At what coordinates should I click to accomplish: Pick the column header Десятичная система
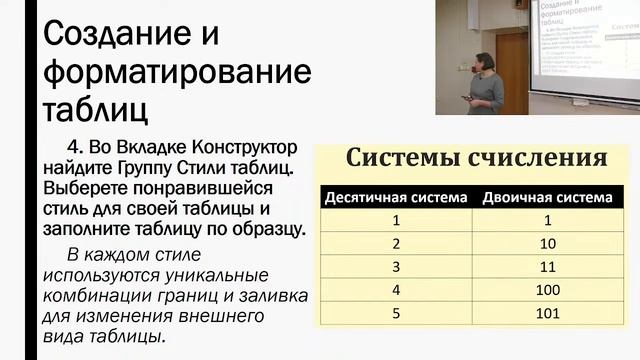coord(396,198)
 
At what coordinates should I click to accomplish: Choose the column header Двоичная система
coord(547,198)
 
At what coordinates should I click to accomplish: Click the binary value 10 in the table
coord(547,244)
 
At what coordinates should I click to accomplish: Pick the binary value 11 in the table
coord(547,267)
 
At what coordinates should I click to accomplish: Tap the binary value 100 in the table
coord(547,290)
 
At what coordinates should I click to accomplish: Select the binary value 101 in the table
coord(547,313)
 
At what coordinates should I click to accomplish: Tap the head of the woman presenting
coord(484,61)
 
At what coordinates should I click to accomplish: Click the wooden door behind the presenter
coord(511,70)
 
